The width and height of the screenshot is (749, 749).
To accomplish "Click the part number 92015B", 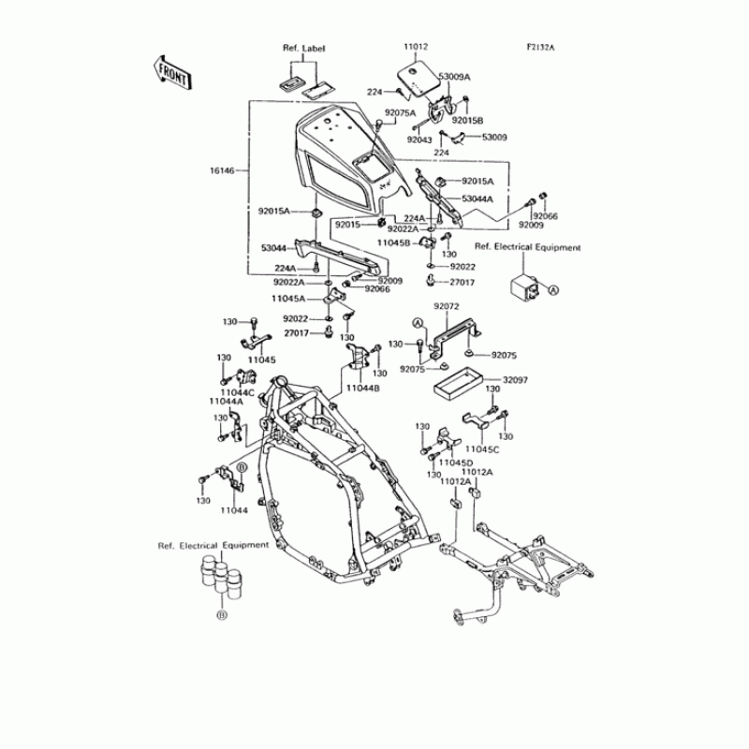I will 467,121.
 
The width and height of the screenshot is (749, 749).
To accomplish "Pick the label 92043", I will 419,140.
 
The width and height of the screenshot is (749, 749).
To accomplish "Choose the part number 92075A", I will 400,113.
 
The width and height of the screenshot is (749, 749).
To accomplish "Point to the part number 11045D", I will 457,463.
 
